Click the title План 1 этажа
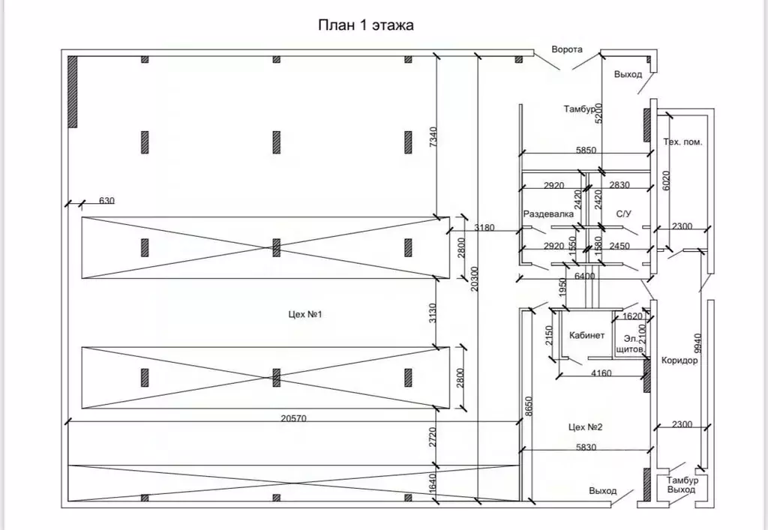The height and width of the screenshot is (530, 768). [x=367, y=25]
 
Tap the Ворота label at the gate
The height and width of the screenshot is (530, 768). [x=567, y=49]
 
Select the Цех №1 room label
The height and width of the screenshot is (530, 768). [x=304, y=314]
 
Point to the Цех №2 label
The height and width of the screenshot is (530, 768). [x=586, y=427]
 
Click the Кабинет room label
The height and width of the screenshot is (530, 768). [x=587, y=335]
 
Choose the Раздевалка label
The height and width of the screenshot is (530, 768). [x=549, y=214]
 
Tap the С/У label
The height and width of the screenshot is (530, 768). [x=624, y=214]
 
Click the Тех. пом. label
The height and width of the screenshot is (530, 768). [x=682, y=142]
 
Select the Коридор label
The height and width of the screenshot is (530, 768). [x=679, y=360]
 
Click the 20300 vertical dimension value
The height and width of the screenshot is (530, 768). [x=470, y=282]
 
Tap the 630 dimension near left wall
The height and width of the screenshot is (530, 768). [x=106, y=200]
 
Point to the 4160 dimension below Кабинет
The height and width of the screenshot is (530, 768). [x=601, y=373]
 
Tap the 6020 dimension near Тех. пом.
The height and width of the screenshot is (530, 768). [x=664, y=180]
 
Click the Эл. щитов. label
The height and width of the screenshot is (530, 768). [x=628, y=343]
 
